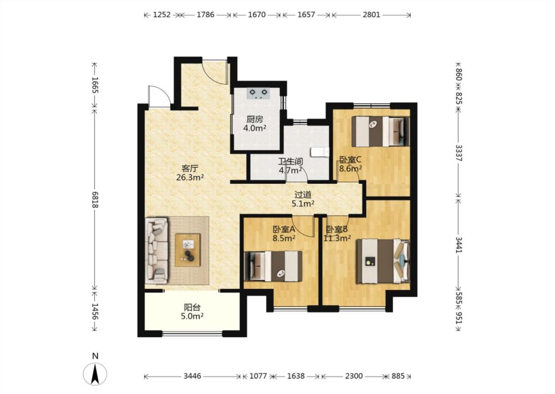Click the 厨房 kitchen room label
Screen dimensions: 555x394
(x=255, y=120)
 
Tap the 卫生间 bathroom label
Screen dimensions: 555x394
(x=290, y=162)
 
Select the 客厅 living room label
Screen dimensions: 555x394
(x=190, y=168)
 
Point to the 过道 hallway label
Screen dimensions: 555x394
(x=303, y=195)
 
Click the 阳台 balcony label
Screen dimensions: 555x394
(x=192, y=307)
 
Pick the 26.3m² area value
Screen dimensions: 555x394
(x=190, y=177)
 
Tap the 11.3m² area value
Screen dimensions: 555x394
(x=337, y=238)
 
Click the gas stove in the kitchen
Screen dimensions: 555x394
(x=258, y=93)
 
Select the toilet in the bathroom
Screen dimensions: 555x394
(x=320, y=152)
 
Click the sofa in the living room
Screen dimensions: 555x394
(x=156, y=251)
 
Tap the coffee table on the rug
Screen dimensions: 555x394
(x=187, y=250)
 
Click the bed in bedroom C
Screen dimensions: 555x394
(x=380, y=131)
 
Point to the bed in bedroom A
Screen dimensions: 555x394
(x=273, y=266)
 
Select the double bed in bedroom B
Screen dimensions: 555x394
(x=383, y=262)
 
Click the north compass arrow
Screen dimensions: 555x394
(x=95, y=374)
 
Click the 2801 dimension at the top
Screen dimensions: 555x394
(x=371, y=15)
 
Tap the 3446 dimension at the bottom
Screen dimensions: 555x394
(x=192, y=376)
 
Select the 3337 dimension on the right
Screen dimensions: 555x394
(x=458, y=153)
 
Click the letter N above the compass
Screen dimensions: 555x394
(x=95, y=356)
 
